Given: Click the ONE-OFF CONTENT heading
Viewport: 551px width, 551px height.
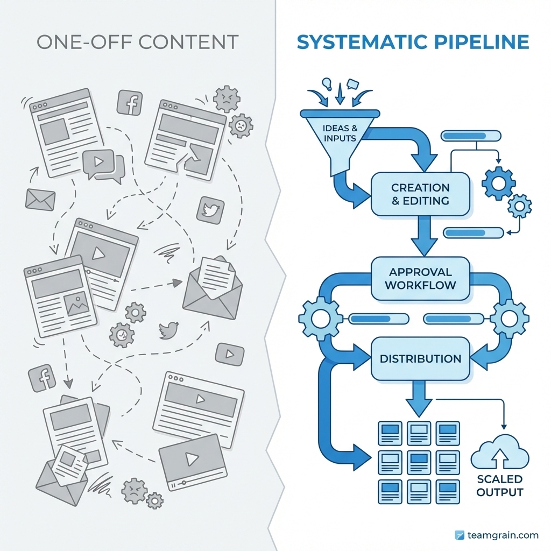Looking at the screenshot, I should click(x=137, y=43).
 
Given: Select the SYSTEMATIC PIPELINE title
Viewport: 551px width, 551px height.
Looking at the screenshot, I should click(x=413, y=43).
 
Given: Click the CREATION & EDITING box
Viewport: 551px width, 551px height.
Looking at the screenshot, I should click(x=420, y=194).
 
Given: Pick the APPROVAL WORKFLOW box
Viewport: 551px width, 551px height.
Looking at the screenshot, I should click(x=420, y=278).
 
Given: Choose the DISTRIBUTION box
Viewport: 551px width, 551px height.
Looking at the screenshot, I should click(x=420, y=358).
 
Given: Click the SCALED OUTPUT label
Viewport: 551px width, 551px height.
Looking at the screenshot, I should click(x=499, y=485).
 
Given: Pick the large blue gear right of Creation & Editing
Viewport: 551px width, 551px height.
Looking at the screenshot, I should click(x=498, y=183).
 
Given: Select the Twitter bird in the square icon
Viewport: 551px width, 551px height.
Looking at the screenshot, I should click(x=210, y=210).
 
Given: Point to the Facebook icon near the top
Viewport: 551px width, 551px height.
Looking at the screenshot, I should click(x=130, y=102).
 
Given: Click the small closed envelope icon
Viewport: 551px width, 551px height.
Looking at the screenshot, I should click(x=41, y=200).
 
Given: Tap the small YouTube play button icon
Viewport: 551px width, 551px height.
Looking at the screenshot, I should click(x=229, y=354).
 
